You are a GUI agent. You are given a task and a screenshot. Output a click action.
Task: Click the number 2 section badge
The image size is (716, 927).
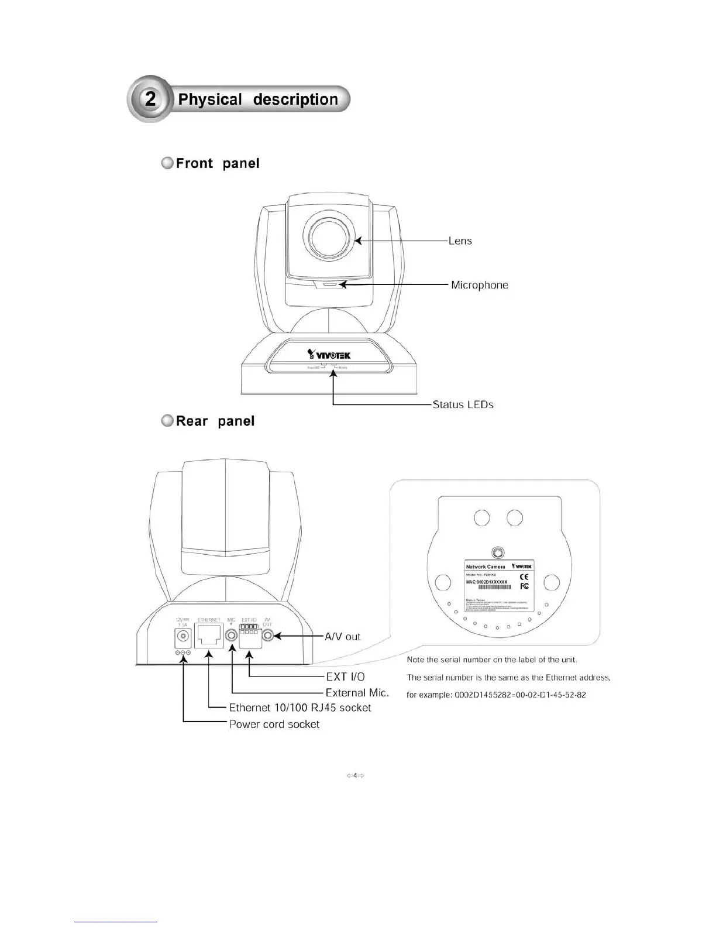click(x=150, y=99)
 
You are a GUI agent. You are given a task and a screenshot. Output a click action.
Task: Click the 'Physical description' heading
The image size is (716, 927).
click(x=258, y=99)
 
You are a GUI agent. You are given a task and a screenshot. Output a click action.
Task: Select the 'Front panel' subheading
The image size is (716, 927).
click(x=217, y=163)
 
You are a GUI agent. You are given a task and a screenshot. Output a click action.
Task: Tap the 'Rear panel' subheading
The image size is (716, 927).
click(x=215, y=421)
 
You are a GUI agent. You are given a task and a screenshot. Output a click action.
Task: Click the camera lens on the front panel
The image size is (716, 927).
click(x=328, y=239)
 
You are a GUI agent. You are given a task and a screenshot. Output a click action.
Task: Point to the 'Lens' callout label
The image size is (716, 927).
click(x=460, y=241)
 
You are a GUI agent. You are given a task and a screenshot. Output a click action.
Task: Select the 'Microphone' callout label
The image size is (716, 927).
click(x=479, y=285)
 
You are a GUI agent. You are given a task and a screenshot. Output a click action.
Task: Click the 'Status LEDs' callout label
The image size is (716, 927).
click(x=463, y=404)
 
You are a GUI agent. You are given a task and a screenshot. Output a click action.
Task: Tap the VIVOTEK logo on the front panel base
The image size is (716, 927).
click(x=329, y=354)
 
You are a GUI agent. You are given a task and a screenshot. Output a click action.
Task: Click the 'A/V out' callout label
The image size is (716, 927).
click(x=343, y=636)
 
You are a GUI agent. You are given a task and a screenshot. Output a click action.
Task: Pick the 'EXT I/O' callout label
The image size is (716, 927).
click(x=345, y=677)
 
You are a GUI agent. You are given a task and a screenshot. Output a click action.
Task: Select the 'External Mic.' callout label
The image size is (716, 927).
click(x=357, y=692)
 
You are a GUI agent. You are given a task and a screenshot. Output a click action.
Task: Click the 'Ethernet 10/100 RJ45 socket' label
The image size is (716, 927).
click(x=300, y=708)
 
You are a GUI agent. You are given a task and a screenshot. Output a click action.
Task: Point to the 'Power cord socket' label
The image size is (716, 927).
click(x=274, y=724)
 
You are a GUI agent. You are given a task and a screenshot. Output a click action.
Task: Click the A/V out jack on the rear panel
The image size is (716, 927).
click(x=267, y=636)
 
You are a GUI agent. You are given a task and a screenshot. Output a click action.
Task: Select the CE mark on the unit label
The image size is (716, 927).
click(x=524, y=577)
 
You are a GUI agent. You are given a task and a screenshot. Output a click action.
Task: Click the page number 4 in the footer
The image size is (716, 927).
click(x=355, y=776)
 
